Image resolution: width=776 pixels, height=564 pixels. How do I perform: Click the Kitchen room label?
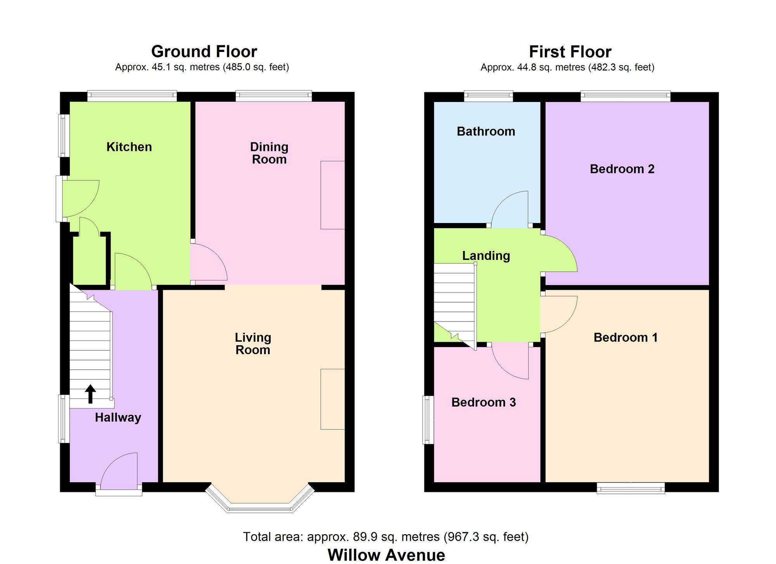pos(129,147)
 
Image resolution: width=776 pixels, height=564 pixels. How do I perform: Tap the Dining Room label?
pos(269,153)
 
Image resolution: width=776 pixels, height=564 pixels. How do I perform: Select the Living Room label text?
pos(253,344)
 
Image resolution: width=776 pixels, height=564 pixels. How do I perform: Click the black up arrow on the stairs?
pos(90,394)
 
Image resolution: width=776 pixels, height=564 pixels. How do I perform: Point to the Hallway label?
pos(118,418)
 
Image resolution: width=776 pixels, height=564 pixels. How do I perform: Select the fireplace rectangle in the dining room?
pos(333,195)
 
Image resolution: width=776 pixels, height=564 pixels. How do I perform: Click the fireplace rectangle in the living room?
pos(333,399)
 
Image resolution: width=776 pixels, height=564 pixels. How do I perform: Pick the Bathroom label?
pos(486,131)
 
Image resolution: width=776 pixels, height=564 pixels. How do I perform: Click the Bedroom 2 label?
pos(622,169)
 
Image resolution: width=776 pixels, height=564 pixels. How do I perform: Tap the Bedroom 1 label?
pos(625,337)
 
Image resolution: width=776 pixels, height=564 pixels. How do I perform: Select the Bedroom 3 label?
pos(483,402)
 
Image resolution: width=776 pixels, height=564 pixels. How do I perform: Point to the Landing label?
pos(486,256)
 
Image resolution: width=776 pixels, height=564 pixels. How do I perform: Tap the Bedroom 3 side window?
pos(428,420)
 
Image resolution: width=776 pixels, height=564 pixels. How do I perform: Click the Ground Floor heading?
pos(204,52)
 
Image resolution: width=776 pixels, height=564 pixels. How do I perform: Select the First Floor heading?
pos(570,52)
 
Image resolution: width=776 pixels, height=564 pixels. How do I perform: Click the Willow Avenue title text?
pos(386,555)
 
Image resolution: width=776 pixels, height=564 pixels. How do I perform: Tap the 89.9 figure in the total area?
pos(363,537)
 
